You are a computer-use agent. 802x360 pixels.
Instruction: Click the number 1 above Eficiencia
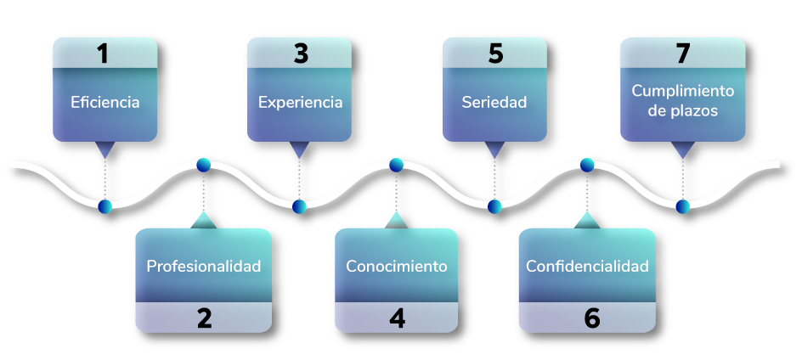point(103,53)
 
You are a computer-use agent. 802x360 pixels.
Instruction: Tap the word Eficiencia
point(105,103)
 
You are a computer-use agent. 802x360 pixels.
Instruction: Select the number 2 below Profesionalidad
point(204,318)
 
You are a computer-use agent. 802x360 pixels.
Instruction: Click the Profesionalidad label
point(204,266)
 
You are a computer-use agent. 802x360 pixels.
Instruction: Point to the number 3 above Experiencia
point(301,53)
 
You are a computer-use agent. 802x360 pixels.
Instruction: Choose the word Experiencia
point(301,103)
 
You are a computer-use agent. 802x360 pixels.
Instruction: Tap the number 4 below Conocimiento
point(397,318)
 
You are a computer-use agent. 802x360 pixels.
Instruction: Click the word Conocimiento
point(397,266)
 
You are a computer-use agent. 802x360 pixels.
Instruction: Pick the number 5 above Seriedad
point(495,53)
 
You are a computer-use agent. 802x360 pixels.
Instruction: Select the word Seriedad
point(494,103)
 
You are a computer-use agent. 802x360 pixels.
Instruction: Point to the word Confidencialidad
point(587,266)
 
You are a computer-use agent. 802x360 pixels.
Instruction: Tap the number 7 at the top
point(683,53)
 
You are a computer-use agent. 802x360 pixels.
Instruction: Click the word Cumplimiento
point(683,90)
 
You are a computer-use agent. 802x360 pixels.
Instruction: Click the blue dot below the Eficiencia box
point(104,206)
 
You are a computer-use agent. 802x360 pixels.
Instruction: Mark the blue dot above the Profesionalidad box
point(203,165)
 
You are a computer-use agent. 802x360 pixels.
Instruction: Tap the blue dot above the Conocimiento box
point(396,165)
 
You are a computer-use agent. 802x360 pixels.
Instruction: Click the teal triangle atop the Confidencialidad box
point(587,221)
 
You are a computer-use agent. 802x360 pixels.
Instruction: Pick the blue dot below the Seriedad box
point(494,206)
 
